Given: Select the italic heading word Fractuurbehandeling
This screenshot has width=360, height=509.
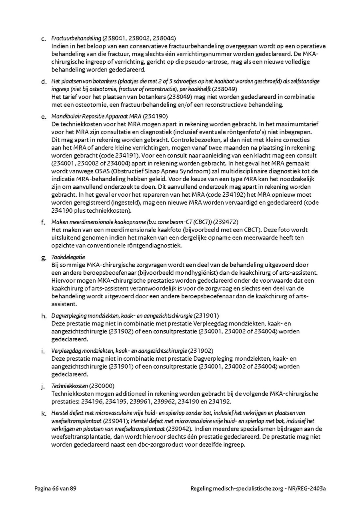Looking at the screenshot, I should pos(76,38).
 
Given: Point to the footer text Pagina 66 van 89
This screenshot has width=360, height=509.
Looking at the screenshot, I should pos(55,489).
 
